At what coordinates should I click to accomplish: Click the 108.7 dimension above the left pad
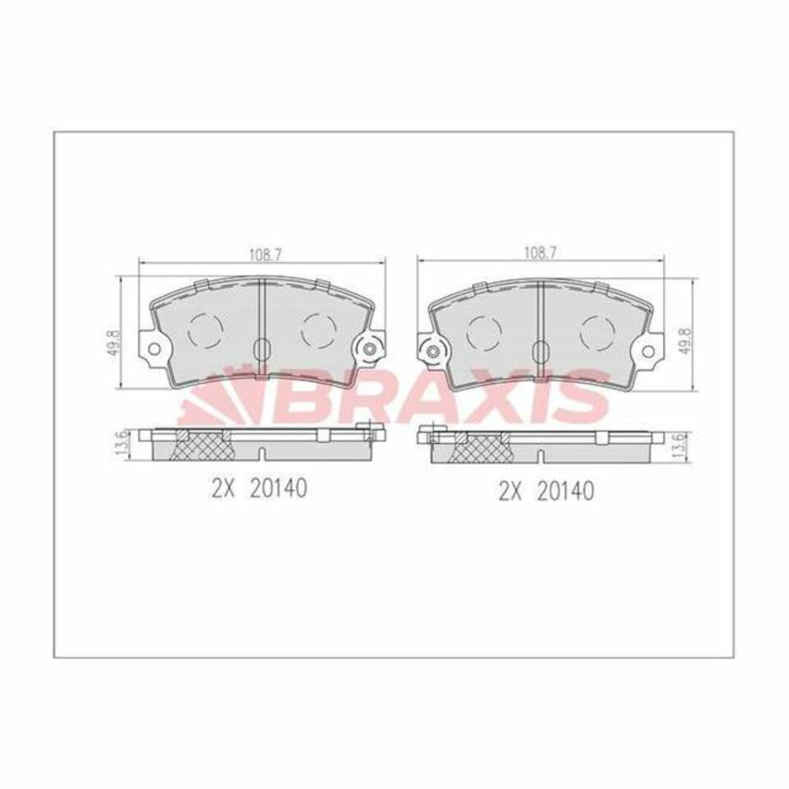(x=263, y=255)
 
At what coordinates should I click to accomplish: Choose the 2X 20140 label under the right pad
(x=546, y=491)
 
